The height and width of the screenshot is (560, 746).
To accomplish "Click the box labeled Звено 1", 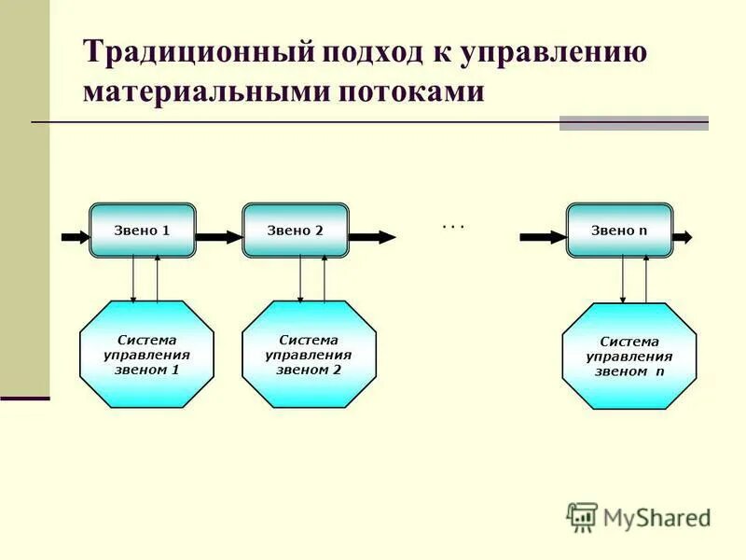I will point(143,230).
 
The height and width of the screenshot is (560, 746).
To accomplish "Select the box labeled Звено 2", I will point(296,230).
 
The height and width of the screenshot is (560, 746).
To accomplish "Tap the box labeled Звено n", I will point(619,230).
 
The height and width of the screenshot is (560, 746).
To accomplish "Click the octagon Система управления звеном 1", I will point(147,355).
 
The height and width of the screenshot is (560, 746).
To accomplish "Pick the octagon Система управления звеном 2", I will point(309,355).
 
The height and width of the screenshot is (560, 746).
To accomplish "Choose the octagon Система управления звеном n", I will point(629,357).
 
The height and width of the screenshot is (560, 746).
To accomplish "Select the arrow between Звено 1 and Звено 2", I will point(219,237).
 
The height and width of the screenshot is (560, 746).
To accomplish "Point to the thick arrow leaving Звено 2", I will point(371,237).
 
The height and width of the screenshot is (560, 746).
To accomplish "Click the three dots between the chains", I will point(453,226).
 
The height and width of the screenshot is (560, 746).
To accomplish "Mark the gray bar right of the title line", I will point(633,123).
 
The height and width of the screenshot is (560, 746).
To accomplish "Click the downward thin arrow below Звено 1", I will point(133,279).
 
